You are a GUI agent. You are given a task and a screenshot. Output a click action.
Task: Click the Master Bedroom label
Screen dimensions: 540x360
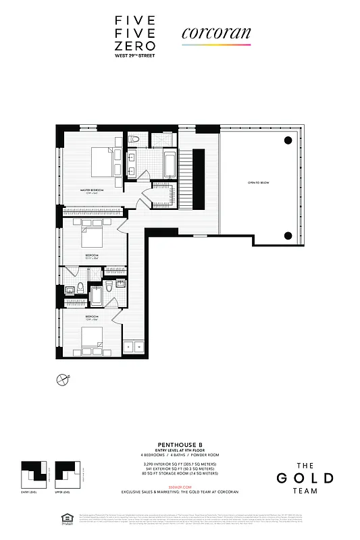point(91,191)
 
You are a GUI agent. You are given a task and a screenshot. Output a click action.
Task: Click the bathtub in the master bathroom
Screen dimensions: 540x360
point(170,163)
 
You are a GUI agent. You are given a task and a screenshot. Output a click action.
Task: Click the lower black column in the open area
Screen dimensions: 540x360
point(288,236)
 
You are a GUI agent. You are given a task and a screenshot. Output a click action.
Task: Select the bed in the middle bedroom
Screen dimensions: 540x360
point(91,237)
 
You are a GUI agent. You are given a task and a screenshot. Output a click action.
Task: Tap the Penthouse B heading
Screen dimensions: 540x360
point(180,444)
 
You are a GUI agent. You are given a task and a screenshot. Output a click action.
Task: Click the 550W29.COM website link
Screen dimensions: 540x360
point(180,485)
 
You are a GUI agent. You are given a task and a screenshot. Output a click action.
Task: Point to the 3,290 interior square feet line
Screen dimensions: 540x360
point(180,464)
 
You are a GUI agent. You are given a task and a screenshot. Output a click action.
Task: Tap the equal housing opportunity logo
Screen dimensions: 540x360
point(58,520)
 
